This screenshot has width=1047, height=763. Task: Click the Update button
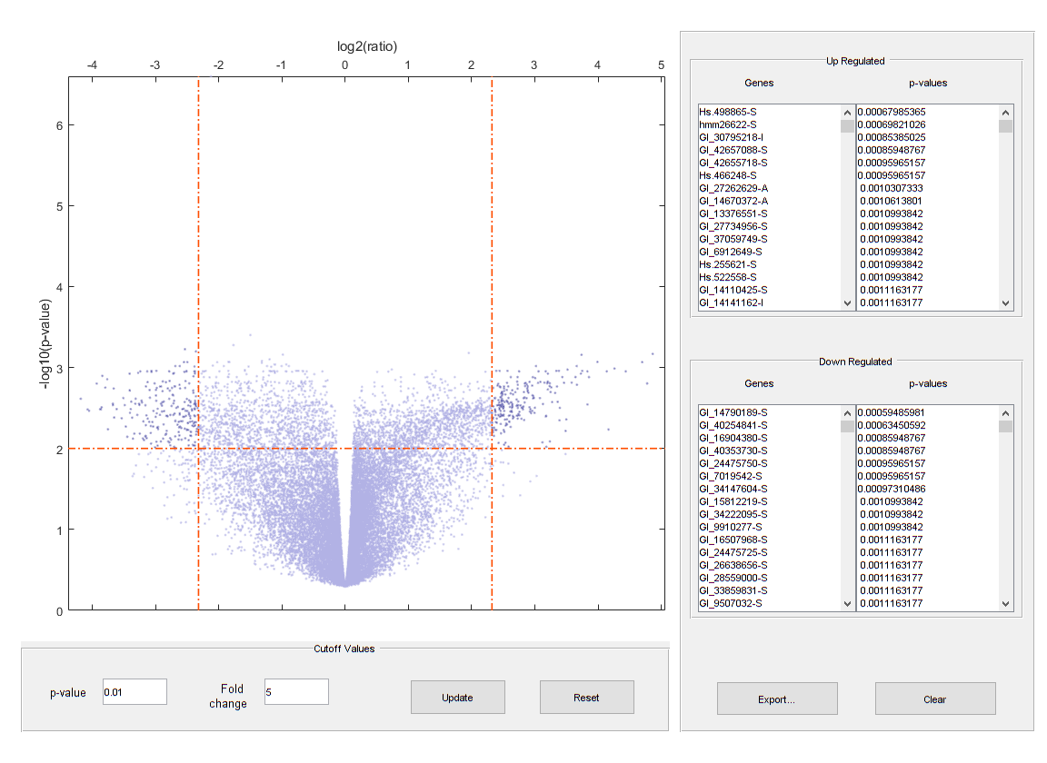coord(457,698)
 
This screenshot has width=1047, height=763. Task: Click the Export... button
coord(776,699)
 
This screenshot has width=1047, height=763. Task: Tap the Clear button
coord(934,699)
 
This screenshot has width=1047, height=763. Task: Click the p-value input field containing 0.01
coord(135,692)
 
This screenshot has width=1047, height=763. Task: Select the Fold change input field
coord(295,692)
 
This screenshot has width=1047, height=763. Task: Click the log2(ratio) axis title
coord(367,46)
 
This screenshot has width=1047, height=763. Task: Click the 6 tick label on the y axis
coord(58,125)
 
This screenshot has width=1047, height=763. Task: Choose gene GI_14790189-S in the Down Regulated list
coord(733,412)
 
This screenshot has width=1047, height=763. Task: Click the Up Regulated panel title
coord(854,62)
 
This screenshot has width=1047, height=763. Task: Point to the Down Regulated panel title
coord(855,362)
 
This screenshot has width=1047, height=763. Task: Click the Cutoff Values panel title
coord(344,649)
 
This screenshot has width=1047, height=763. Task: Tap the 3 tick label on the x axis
coord(533,65)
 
